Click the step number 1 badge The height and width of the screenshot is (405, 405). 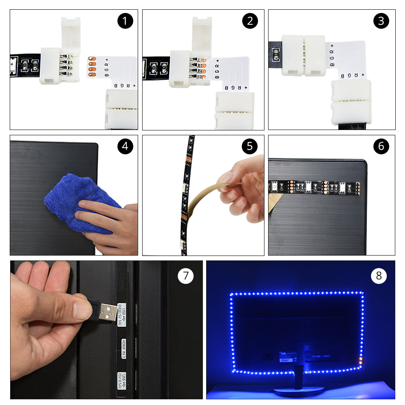(x=125, y=21)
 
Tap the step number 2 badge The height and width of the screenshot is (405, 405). (x=250, y=21)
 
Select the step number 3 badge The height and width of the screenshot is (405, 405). (x=381, y=21)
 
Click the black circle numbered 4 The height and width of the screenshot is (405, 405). (x=125, y=146)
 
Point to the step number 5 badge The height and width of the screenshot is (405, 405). (x=250, y=146)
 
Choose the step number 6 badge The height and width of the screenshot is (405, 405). (x=381, y=146)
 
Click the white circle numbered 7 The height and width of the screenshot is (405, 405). (x=185, y=276)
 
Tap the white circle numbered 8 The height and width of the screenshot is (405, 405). (x=379, y=276)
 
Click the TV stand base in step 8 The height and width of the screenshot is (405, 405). (x=299, y=390)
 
